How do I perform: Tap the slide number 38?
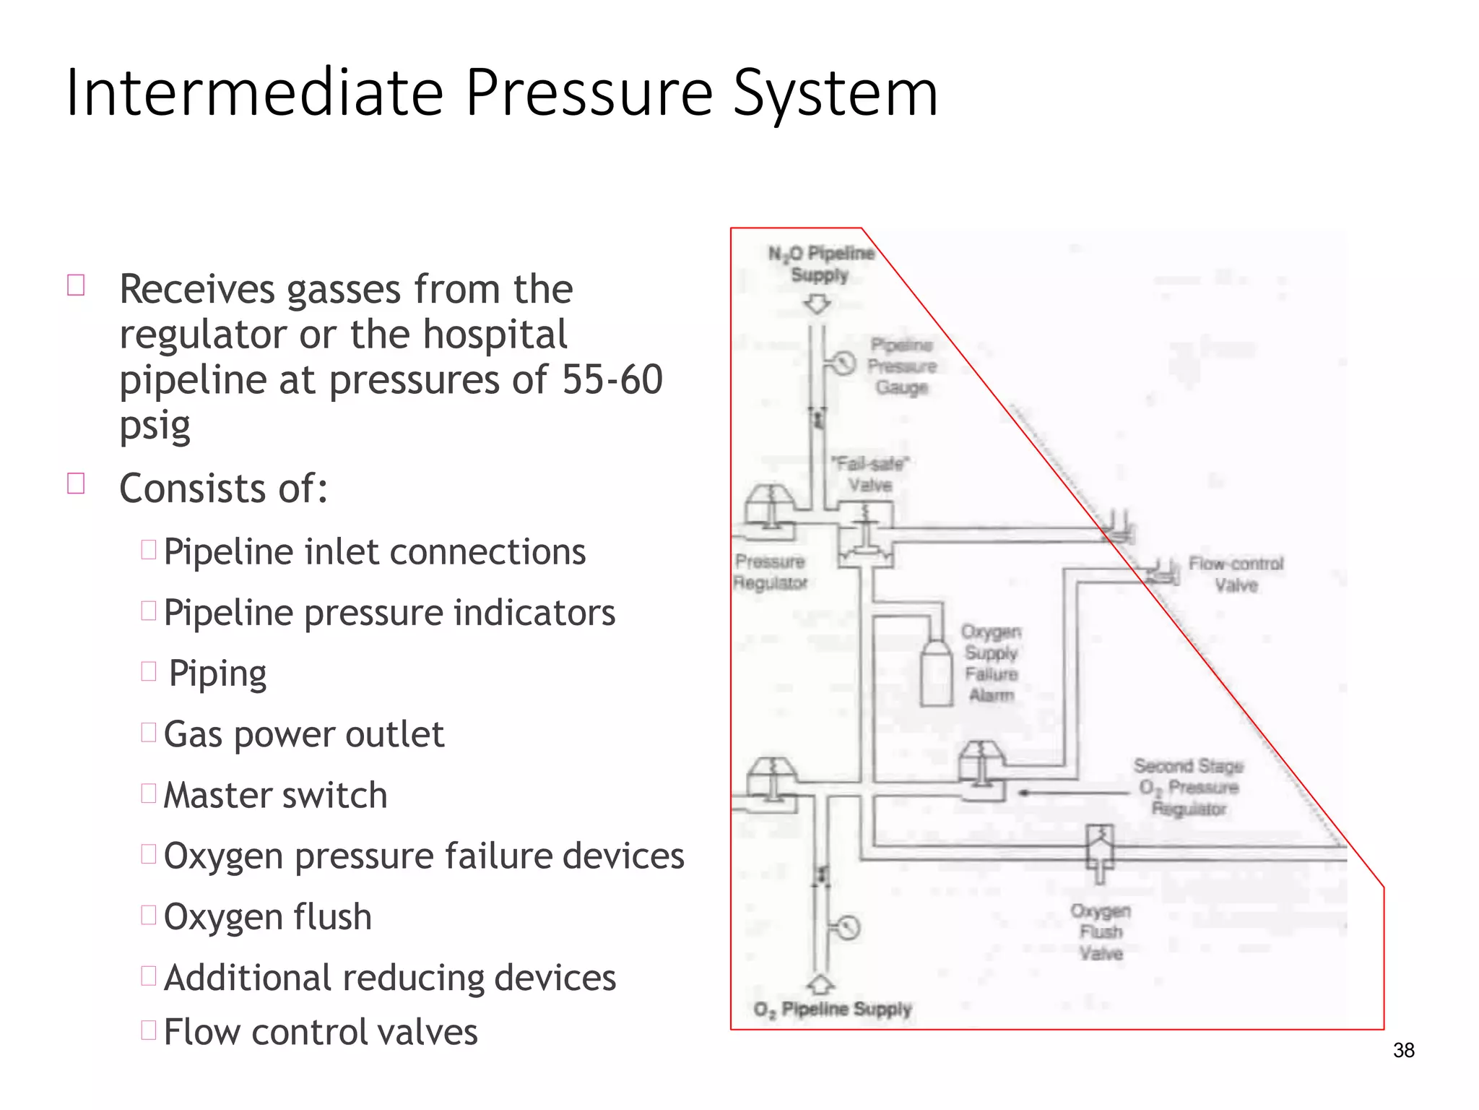point(1403,1050)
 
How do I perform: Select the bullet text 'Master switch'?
point(275,795)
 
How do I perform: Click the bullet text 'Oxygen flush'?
point(267,916)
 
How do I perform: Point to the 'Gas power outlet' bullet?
point(303,734)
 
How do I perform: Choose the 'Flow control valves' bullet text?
point(321,1031)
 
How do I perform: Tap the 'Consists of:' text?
point(223,488)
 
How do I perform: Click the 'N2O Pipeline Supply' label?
point(820,264)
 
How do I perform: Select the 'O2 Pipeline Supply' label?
point(832,1009)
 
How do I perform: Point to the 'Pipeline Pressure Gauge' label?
point(901,366)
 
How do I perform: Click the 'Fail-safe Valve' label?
point(869,474)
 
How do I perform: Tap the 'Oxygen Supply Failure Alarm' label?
point(991,663)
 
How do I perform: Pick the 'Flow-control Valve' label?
point(1236,575)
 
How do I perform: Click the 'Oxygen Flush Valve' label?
point(1101,932)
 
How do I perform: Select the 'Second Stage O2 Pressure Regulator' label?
point(1189,787)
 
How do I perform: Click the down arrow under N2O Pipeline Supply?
point(817,305)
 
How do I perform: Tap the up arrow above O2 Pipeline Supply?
point(820,984)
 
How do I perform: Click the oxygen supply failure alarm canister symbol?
point(937,671)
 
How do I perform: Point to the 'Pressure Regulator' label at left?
point(770,572)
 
